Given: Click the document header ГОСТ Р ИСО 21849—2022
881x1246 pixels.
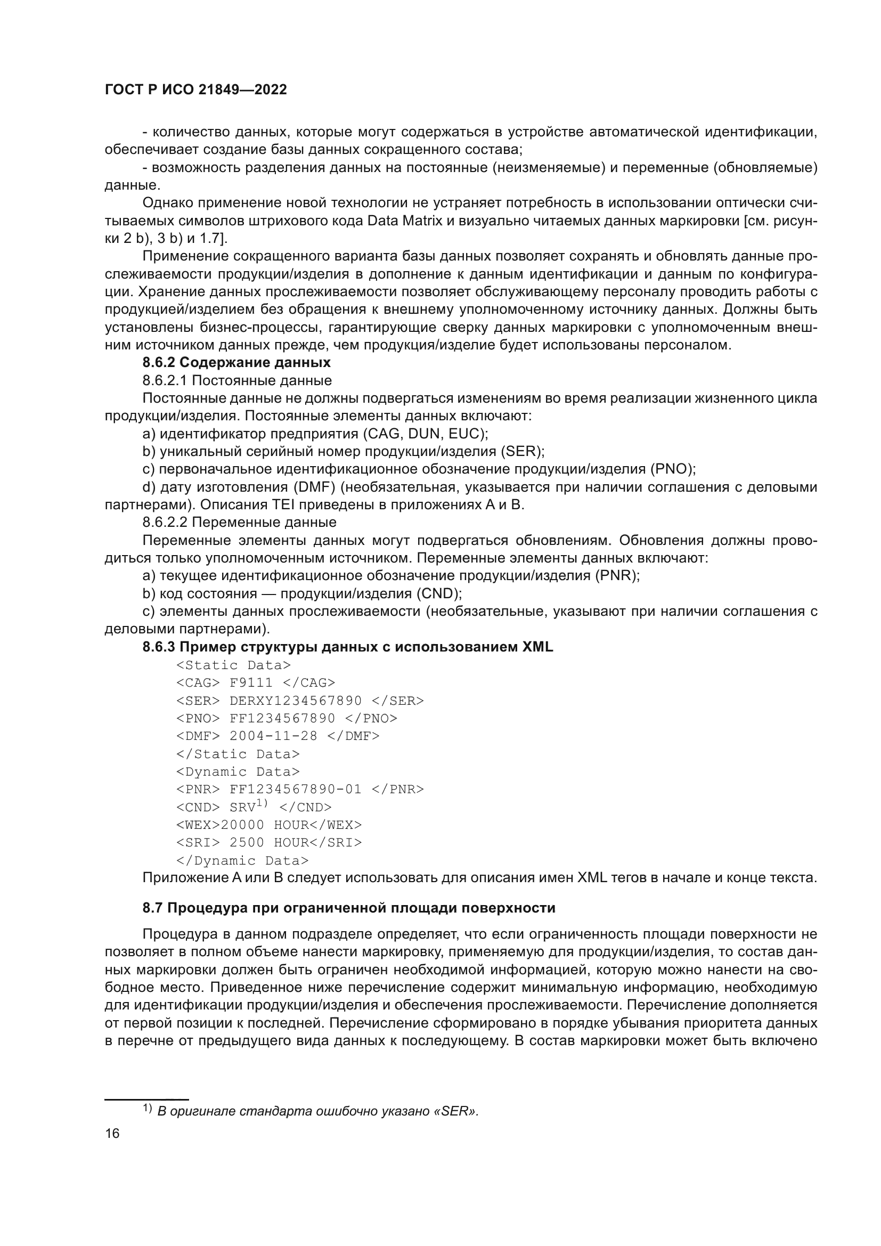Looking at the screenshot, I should pos(195,90).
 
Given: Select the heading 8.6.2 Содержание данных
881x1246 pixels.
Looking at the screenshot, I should pos(236,363).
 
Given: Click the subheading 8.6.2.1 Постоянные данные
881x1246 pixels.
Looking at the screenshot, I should pos(237,380).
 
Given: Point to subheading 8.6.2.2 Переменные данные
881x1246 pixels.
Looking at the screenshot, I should pos(239,523).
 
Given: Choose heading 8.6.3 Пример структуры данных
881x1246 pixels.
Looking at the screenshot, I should pos(347,647).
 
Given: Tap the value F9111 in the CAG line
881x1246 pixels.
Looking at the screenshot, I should pos(251,683).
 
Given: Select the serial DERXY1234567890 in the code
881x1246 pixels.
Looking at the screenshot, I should pos(296,701).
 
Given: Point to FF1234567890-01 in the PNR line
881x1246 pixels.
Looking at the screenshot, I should pos(296,789).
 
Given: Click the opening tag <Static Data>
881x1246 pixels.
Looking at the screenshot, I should pos(233,665).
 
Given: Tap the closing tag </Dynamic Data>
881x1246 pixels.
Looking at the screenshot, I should pos(242,860).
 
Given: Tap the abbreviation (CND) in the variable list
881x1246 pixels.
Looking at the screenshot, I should pos(438,593).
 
